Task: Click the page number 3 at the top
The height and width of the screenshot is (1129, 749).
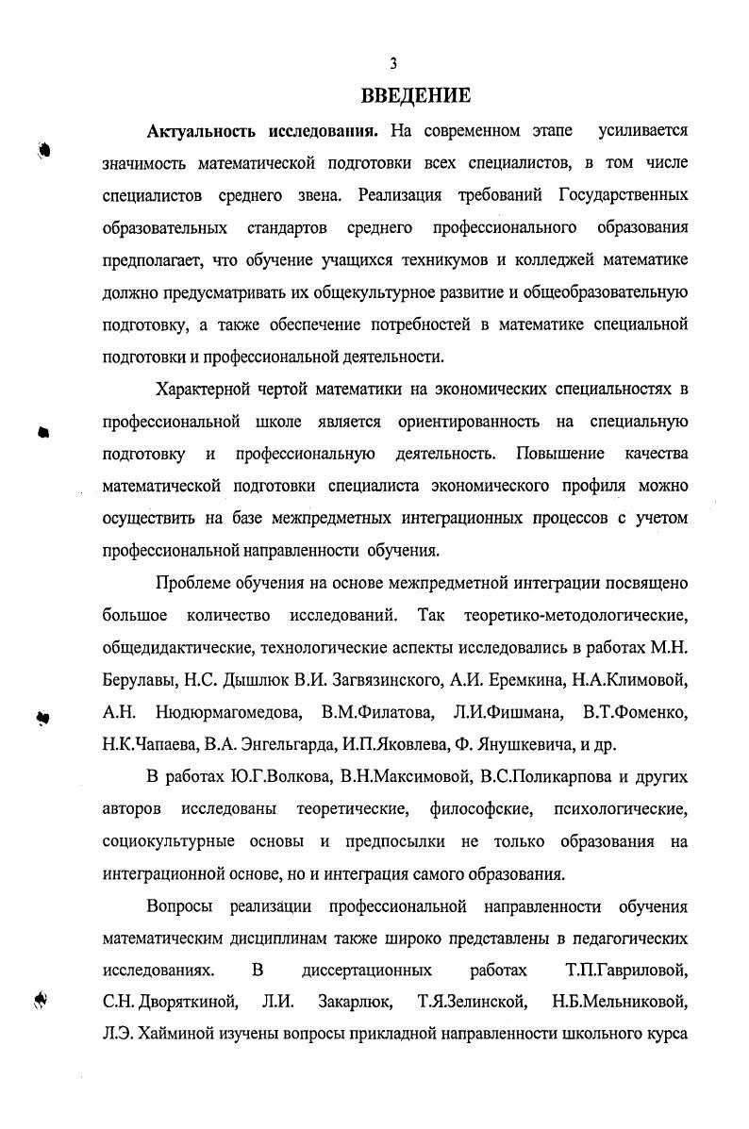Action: (x=393, y=64)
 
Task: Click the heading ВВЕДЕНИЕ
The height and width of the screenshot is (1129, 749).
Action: (x=416, y=96)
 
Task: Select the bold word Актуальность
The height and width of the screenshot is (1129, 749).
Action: (x=200, y=130)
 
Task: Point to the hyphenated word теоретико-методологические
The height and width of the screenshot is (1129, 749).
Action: (x=575, y=615)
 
